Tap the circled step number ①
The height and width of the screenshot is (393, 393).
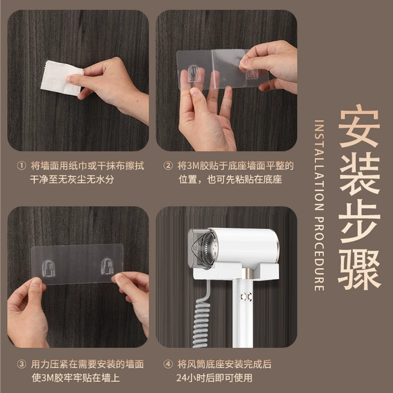(x=22, y=166)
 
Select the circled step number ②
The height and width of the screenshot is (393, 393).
(x=168, y=166)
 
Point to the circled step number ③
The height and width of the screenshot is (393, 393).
(x=22, y=364)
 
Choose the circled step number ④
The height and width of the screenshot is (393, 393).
(x=168, y=364)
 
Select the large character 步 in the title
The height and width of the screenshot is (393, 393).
(x=360, y=221)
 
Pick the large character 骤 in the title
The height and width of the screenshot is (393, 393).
(x=360, y=269)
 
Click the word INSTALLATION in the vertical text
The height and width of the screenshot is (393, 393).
(x=319, y=165)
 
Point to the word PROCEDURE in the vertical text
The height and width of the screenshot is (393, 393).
(x=319, y=253)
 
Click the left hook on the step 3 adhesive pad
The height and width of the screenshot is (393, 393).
(x=48, y=269)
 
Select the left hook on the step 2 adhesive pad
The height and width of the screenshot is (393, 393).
(x=193, y=73)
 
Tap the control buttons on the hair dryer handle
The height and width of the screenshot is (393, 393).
(x=246, y=297)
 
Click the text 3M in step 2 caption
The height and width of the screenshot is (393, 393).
(x=193, y=166)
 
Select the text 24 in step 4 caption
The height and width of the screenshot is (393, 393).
(x=181, y=378)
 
